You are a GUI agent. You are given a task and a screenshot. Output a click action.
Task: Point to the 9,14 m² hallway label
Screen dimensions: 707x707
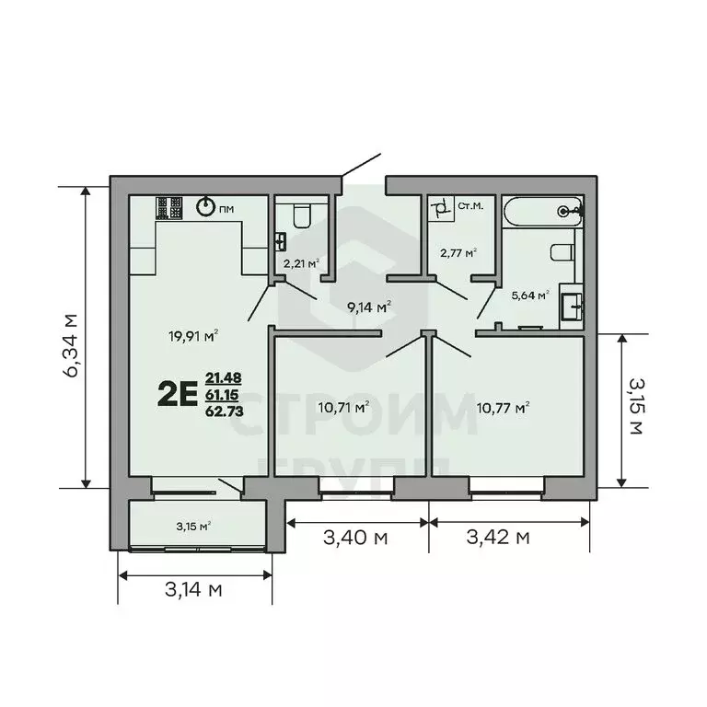369,307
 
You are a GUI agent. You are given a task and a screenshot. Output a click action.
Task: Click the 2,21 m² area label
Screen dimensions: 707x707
301,263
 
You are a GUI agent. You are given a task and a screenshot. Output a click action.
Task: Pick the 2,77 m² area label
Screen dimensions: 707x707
458,252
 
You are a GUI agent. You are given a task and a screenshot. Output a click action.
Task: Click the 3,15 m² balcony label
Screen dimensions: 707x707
193,527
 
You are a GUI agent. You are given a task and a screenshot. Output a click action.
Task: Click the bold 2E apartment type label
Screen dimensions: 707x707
177,395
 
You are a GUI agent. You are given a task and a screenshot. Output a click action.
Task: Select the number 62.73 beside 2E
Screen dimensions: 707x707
225,411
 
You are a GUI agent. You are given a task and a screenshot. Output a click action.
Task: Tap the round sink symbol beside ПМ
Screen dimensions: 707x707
207,208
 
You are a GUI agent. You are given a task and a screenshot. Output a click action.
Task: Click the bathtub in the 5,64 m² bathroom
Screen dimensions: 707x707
543,211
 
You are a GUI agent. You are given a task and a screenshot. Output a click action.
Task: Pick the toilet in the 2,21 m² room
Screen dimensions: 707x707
301,217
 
